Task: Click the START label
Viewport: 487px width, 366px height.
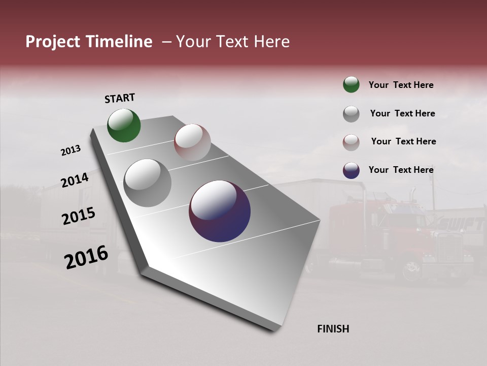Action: click(120, 98)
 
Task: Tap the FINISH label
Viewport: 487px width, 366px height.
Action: click(333, 329)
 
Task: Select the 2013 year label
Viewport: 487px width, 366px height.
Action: click(71, 150)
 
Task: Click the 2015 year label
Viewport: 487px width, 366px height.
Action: click(79, 216)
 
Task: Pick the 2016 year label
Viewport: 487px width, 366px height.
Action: click(86, 257)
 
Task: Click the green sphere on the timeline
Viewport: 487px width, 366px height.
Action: click(124, 125)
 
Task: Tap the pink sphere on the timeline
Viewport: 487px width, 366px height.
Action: click(192, 142)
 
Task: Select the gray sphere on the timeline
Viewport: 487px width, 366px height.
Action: click(147, 182)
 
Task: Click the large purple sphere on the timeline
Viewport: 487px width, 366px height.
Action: click(220, 211)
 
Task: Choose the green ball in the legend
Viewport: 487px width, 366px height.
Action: click(351, 84)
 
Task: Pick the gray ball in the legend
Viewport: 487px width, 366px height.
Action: click(351, 113)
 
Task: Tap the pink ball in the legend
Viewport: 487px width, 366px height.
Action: click(351, 142)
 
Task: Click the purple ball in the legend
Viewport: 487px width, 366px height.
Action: click(351, 170)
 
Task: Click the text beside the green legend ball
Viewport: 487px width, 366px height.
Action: click(401, 85)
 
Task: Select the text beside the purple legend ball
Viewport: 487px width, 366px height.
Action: click(401, 170)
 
